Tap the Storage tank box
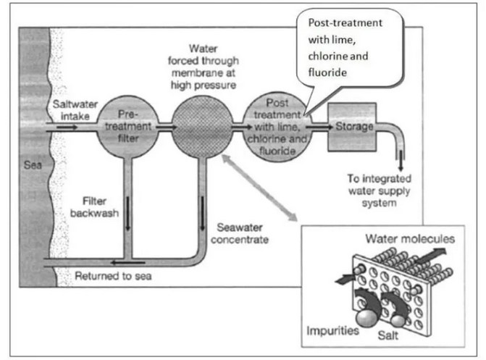point(353,127)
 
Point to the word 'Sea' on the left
point(31,169)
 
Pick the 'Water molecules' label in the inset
point(410,238)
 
